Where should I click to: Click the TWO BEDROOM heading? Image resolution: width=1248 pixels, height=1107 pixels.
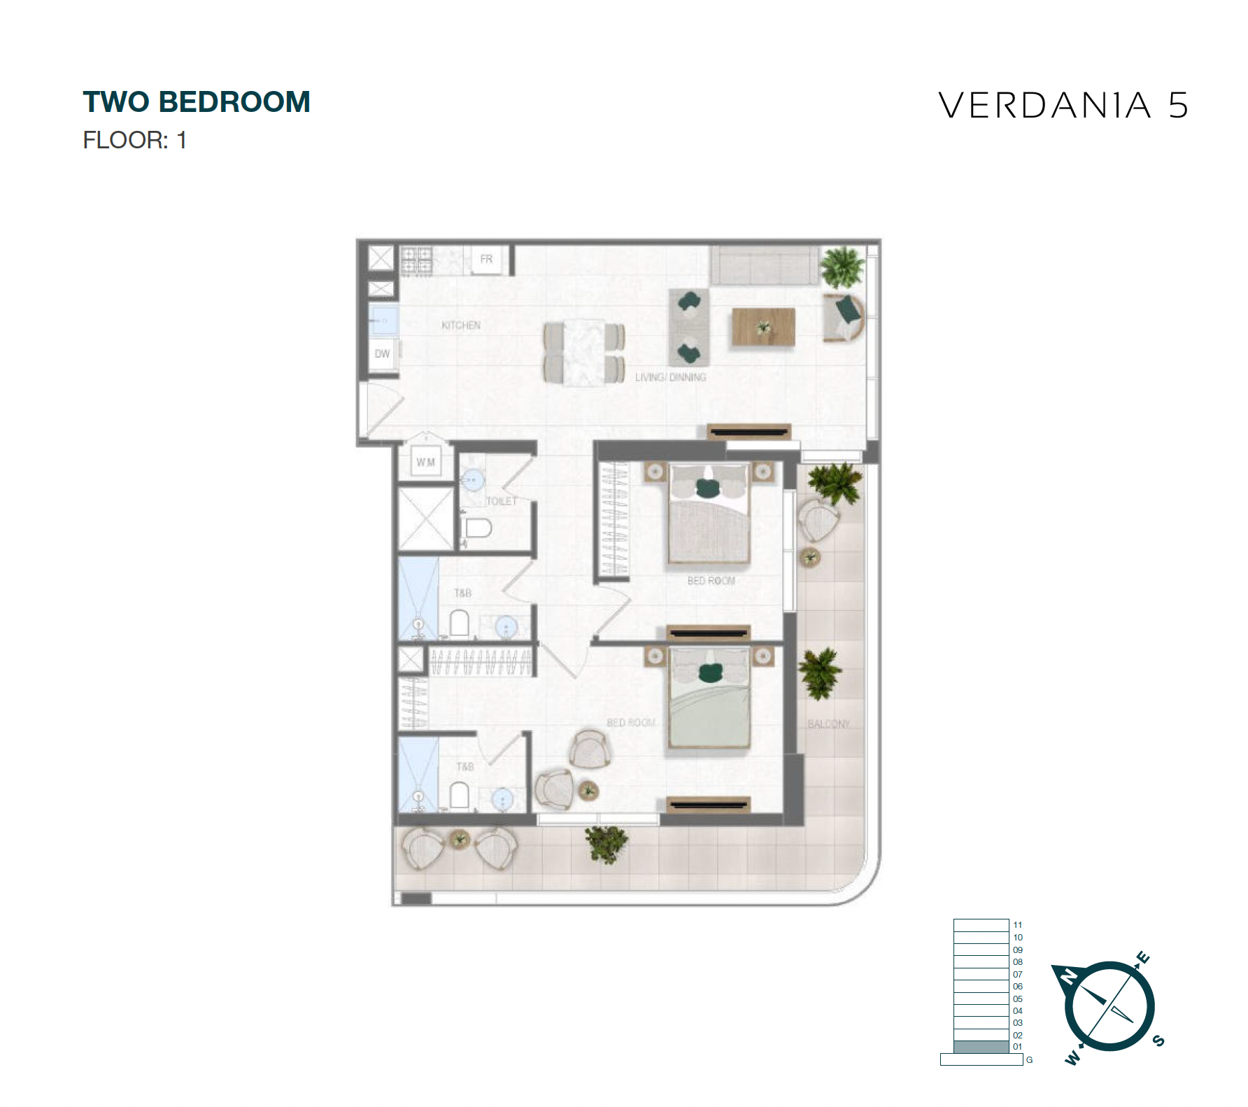pos(197,102)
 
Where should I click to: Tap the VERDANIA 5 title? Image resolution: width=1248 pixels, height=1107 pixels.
pos(1063,106)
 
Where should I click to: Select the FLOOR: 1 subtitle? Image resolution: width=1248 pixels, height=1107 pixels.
pos(134,140)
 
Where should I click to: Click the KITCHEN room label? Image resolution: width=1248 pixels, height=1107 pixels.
pos(461,325)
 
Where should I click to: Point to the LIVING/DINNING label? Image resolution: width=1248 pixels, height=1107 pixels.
pos(670,377)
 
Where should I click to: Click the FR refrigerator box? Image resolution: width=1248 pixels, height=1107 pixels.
pos(486,260)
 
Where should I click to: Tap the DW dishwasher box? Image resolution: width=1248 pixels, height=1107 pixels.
pos(382,354)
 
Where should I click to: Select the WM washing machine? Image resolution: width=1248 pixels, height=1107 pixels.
pos(425,462)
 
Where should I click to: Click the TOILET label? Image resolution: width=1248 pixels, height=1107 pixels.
pos(502,501)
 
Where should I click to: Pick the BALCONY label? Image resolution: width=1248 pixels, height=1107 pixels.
pos(828,724)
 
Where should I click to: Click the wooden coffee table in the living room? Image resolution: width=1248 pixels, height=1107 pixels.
pos(763,327)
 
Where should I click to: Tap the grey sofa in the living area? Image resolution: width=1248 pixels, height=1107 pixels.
pos(764,265)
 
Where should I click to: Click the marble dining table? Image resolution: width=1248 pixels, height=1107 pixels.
pos(584,352)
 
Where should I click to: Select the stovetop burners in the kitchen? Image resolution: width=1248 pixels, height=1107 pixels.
pos(416,260)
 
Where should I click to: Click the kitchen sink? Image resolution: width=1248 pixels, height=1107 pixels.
pos(383,320)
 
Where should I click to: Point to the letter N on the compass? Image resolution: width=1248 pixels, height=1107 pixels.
pos(1069,975)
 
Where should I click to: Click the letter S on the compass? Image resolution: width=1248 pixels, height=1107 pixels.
pos(1158,1040)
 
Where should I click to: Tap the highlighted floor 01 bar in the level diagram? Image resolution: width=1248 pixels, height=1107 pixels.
pos(981,1047)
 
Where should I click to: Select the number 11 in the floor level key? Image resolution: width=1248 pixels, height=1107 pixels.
pos(1017,925)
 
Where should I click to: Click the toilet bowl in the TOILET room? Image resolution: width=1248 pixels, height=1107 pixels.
pos(478,528)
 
